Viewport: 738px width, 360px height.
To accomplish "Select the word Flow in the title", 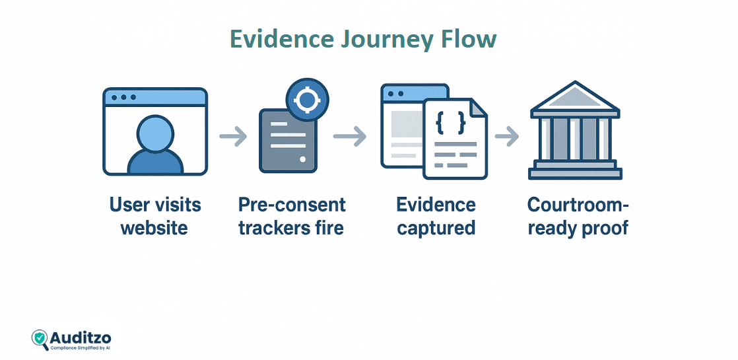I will (x=469, y=39).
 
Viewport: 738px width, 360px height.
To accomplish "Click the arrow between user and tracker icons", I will (x=233, y=137).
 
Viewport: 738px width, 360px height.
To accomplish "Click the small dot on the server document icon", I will (x=302, y=159).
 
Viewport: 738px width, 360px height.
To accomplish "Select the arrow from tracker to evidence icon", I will (x=349, y=137).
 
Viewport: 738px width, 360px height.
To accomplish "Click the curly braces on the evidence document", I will (x=451, y=123).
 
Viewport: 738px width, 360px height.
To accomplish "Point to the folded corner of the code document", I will (x=478, y=108).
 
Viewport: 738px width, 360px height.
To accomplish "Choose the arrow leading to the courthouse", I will (x=506, y=137).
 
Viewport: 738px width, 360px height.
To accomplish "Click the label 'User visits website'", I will (x=155, y=216).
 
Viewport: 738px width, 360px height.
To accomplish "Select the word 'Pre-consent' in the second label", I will (x=292, y=205).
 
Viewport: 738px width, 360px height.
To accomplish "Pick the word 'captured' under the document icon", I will (x=436, y=228).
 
